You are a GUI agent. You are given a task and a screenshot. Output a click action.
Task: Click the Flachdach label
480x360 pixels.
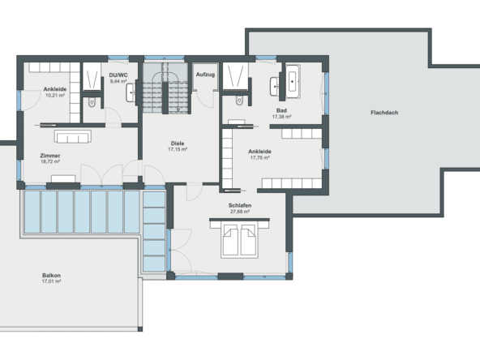(384, 112)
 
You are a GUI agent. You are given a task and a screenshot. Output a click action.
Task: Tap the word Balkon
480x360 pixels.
(52, 276)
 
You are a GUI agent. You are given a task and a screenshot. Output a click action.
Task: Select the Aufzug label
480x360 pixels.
(205, 75)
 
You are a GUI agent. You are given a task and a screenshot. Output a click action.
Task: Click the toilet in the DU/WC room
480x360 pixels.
(92, 102)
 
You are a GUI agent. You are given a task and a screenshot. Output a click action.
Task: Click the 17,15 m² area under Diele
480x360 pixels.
(178, 149)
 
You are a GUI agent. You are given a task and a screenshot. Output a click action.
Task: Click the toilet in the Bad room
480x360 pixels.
(238, 101)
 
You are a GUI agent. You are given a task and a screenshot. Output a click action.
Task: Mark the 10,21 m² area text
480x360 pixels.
(55, 95)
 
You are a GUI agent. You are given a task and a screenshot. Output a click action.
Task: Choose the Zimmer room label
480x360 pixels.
(50, 155)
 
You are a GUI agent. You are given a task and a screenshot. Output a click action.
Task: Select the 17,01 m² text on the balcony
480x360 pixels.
(52, 282)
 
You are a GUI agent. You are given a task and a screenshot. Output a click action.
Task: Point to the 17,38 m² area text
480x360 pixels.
(281, 117)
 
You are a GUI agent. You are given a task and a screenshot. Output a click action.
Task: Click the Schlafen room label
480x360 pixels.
(240, 206)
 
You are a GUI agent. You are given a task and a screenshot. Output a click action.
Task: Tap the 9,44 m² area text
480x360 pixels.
(119, 81)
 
